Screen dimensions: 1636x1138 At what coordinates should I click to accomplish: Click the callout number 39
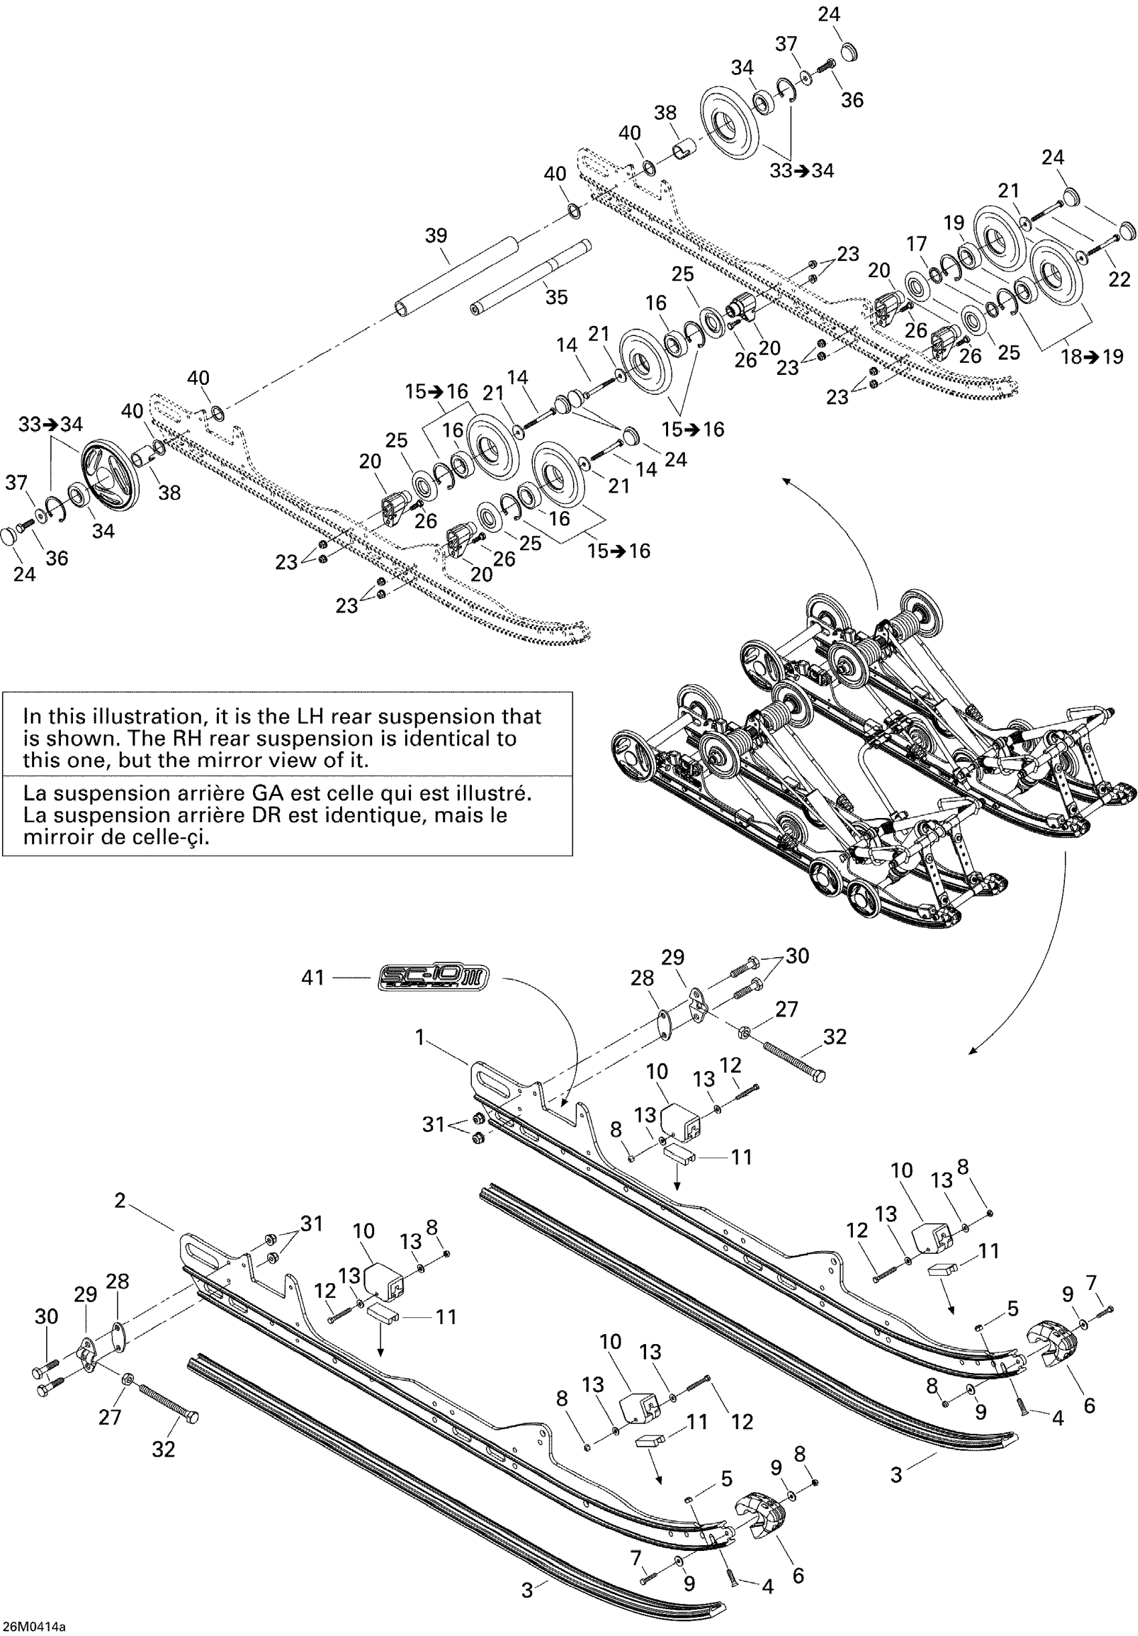(x=435, y=235)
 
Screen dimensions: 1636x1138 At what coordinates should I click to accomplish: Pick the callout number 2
(x=120, y=1201)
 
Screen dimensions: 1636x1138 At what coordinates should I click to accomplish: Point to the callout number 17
(x=916, y=244)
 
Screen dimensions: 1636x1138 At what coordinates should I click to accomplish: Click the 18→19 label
(x=1092, y=356)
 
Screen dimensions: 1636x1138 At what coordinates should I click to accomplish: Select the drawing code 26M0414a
(x=33, y=1627)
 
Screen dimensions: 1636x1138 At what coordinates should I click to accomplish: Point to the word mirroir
(x=59, y=837)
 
